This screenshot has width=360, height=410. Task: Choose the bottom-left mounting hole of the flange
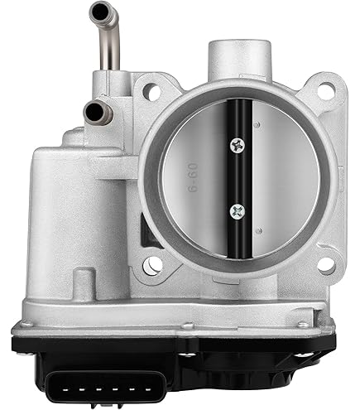(152, 265)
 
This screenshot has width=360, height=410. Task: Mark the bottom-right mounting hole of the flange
(325, 265)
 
